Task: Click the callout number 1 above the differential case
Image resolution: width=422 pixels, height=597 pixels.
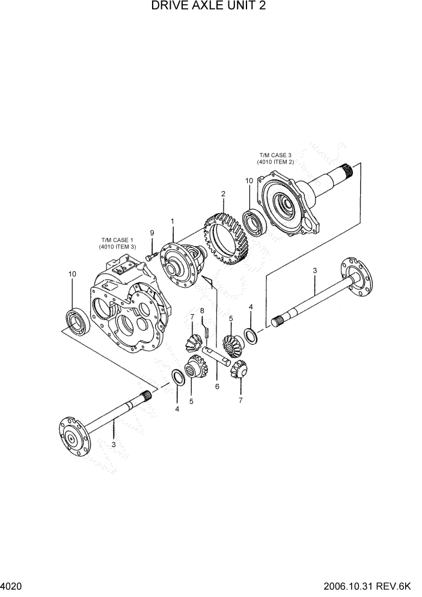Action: [172, 221]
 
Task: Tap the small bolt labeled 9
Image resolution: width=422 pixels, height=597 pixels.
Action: [150, 258]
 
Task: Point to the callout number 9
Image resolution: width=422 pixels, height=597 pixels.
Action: [152, 233]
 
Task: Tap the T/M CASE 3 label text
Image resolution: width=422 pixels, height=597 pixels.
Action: [277, 158]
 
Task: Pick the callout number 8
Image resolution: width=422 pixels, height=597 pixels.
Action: [203, 311]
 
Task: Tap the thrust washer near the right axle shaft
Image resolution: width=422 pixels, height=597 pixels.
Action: [251, 336]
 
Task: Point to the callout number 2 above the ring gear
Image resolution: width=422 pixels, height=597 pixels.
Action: [223, 194]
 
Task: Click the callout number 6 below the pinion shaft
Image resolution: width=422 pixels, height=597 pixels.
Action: [216, 388]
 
